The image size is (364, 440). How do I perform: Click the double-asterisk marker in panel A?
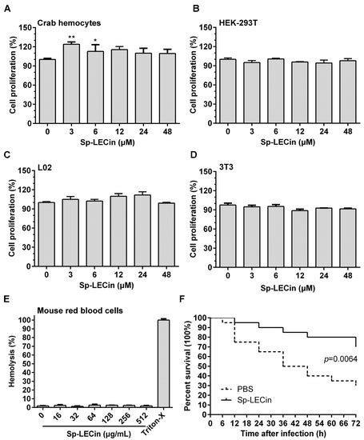point(70,37)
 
